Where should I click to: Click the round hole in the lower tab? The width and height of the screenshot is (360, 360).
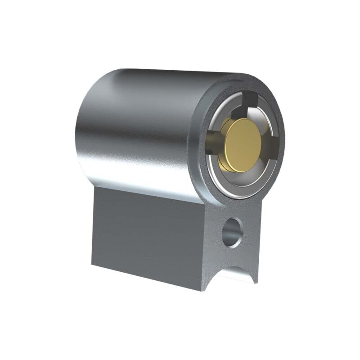coord(233,232)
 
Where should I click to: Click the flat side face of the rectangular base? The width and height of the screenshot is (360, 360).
coord(144,234)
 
